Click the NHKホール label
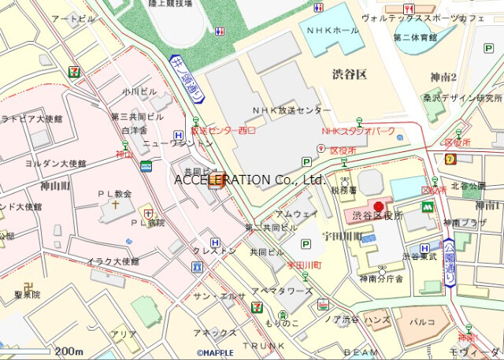click(335, 30)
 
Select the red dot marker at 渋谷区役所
click(377, 206)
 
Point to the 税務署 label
click(345, 190)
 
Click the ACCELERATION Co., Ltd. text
click(250, 180)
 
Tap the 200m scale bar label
click(69, 351)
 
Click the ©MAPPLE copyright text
click(216, 354)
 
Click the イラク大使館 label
click(113, 261)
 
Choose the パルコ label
click(425, 321)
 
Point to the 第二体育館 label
click(415, 36)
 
